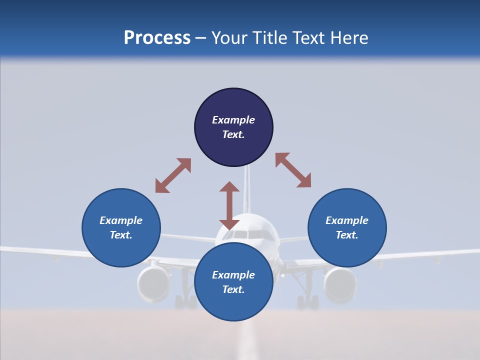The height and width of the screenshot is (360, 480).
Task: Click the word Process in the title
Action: [157, 38]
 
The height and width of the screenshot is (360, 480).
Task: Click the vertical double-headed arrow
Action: [229, 205]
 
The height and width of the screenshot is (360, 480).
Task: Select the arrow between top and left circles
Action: [173, 175]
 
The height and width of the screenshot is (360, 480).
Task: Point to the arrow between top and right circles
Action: [293, 170]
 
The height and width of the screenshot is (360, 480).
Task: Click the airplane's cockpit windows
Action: [248, 233]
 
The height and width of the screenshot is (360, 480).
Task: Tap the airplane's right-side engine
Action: [340, 283]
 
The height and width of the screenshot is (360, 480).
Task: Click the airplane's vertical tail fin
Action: [246, 190]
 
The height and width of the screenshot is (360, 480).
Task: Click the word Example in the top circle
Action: [233, 120]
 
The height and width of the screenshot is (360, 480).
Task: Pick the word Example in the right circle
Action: [347, 220]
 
